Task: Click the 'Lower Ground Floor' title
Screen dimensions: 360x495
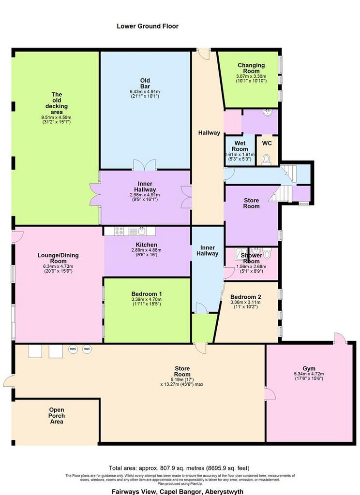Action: [147, 26]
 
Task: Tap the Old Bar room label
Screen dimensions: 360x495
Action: [145, 83]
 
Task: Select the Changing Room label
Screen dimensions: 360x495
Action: [251, 68]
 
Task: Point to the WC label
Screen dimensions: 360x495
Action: [267, 143]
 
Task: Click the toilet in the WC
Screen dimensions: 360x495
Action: [267, 160]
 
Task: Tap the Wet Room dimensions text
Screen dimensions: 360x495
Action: [240, 157]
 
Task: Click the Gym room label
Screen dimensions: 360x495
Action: [309, 368]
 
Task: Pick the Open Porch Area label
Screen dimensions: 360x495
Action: [57, 416]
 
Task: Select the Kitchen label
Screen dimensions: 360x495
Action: [146, 245]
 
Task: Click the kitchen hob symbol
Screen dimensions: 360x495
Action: [119, 231]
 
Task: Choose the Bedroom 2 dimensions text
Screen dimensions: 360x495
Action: [246, 305]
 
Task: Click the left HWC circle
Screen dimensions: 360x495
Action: [73, 349]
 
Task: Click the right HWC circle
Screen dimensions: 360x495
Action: [87, 349]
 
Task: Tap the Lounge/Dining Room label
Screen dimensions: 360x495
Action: [58, 258]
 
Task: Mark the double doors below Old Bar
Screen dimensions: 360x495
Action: [145, 165]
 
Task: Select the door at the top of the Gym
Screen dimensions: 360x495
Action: [340, 338]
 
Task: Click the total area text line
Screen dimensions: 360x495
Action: [179, 468]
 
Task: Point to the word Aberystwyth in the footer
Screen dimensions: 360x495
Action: [225, 492]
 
